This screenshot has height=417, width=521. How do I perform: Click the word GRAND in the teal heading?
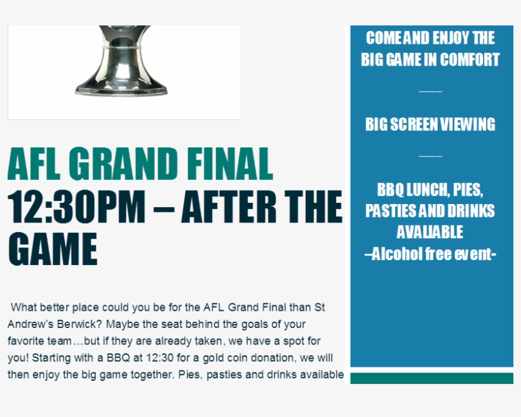pos(123,164)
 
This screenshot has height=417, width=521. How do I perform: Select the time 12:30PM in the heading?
pos(76,207)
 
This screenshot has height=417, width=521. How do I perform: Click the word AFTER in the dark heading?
pos(229,207)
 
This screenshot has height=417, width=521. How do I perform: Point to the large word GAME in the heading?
pos(53,249)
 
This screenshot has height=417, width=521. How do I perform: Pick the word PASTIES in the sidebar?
pos(387,211)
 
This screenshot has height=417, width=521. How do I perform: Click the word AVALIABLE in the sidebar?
pos(430,232)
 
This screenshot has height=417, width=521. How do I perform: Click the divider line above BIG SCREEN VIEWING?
pos(430,91)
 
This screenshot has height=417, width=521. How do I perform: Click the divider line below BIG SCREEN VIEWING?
pos(430,156)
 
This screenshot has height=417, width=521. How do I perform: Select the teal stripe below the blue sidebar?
pos(431,378)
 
